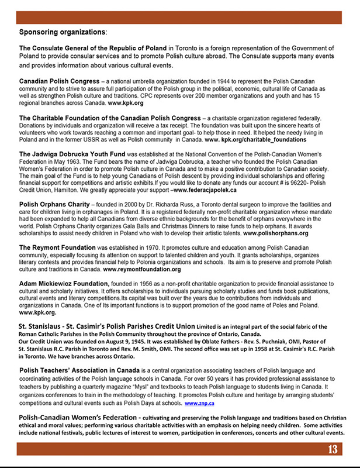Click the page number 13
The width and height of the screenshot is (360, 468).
[332, 449]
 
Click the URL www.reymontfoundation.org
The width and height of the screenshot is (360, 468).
[139, 270]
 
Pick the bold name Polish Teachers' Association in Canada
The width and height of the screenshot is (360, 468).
[80, 371]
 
